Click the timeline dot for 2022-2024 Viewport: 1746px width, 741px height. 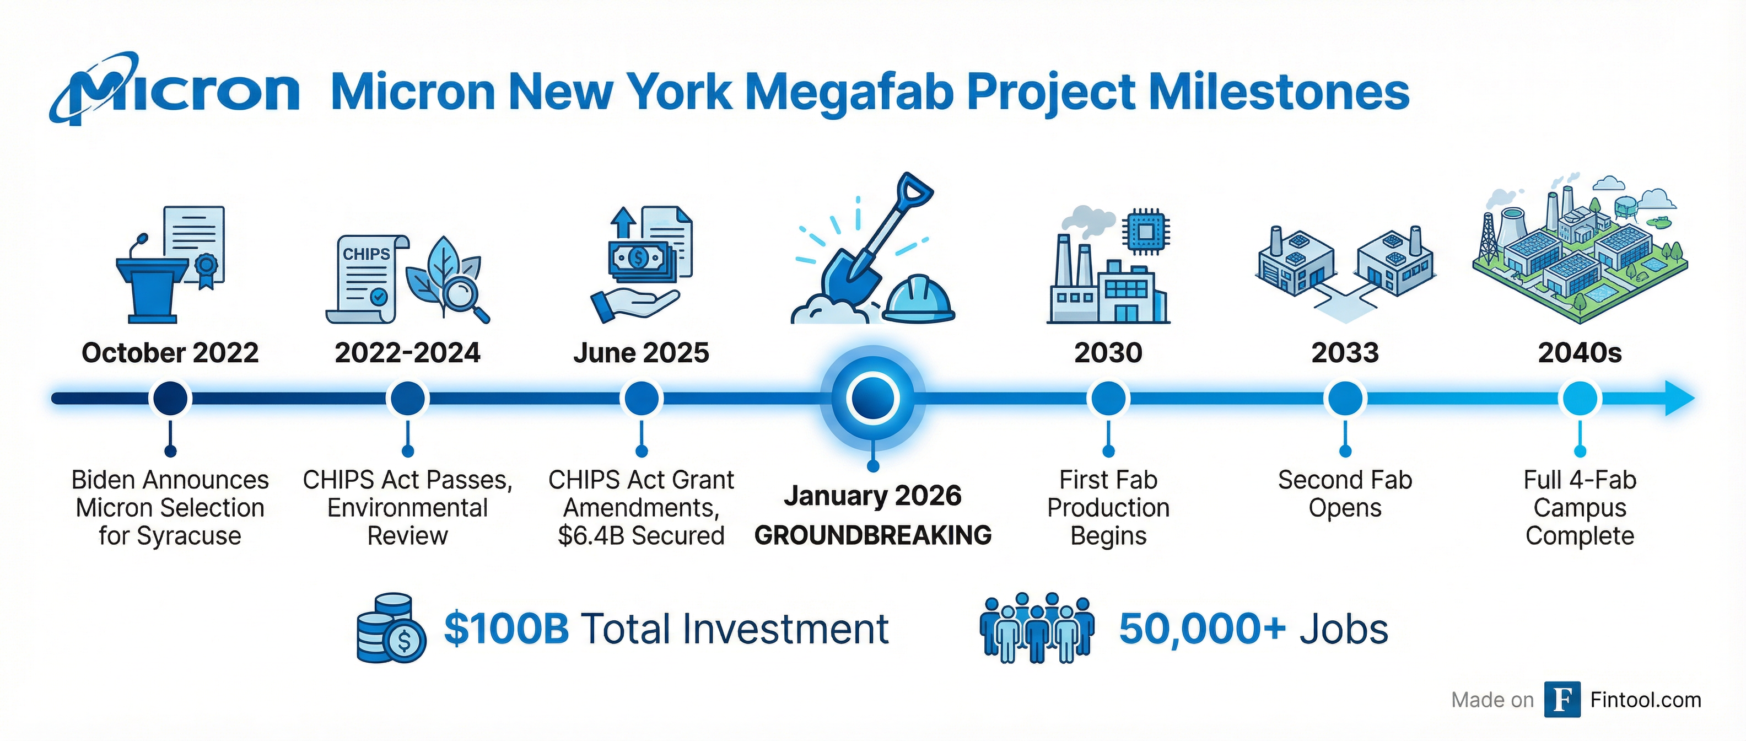pyautogui.click(x=407, y=398)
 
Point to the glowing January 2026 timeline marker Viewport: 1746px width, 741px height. pyautogui.click(x=873, y=398)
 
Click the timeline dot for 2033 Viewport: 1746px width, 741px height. pyautogui.click(x=1345, y=398)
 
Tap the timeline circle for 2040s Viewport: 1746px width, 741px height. pyautogui.click(x=1580, y=398)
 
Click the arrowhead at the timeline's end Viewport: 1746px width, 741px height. pyautogui.click(x=1679, y=398)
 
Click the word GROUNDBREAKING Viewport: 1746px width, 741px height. pyautogui.click(x=873, y=535)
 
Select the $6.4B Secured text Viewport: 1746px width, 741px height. pyautogui.click(x=641, y=535)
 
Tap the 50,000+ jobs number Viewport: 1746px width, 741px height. pyautogui.click(x=1201, y=629)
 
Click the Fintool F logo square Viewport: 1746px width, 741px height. pyautogui.click(x=1562, y=700)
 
